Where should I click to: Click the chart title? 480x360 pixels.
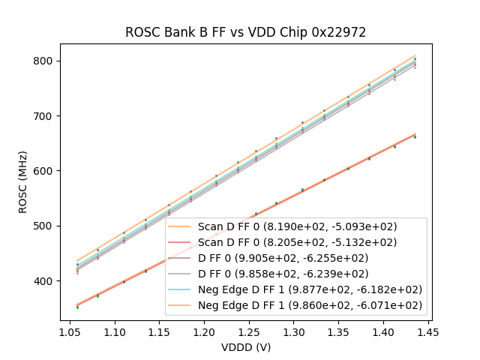[x=246, y=32]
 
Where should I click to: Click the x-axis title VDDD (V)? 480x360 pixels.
[x=246, y=347]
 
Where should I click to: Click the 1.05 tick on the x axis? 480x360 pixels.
[x=70, y=330]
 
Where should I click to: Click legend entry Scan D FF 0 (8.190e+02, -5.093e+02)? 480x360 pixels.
[x=297, y=226]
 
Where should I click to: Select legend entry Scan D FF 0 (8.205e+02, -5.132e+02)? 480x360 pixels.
[x=297, y=242]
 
